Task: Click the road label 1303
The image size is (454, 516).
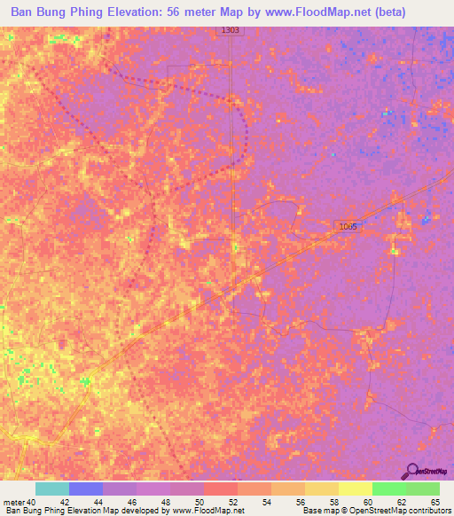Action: pos(230,31)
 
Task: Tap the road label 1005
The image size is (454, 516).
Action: pos(348,227)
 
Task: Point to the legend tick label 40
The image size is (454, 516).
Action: pos(33,503)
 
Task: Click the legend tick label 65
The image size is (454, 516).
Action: pos(435,503)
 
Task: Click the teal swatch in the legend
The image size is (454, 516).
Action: pos(51,489)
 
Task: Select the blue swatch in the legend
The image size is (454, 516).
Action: pos(85,489)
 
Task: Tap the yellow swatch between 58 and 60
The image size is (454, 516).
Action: pos(355,489)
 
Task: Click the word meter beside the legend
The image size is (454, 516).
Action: pos(13,503)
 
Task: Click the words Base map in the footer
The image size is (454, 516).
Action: pos(319,512)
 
